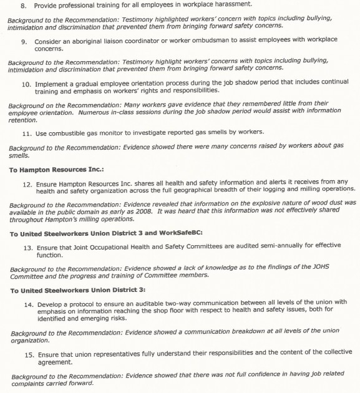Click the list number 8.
coord(24,6)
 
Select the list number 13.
coord(27,248)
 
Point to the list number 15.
coord(29,354)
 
